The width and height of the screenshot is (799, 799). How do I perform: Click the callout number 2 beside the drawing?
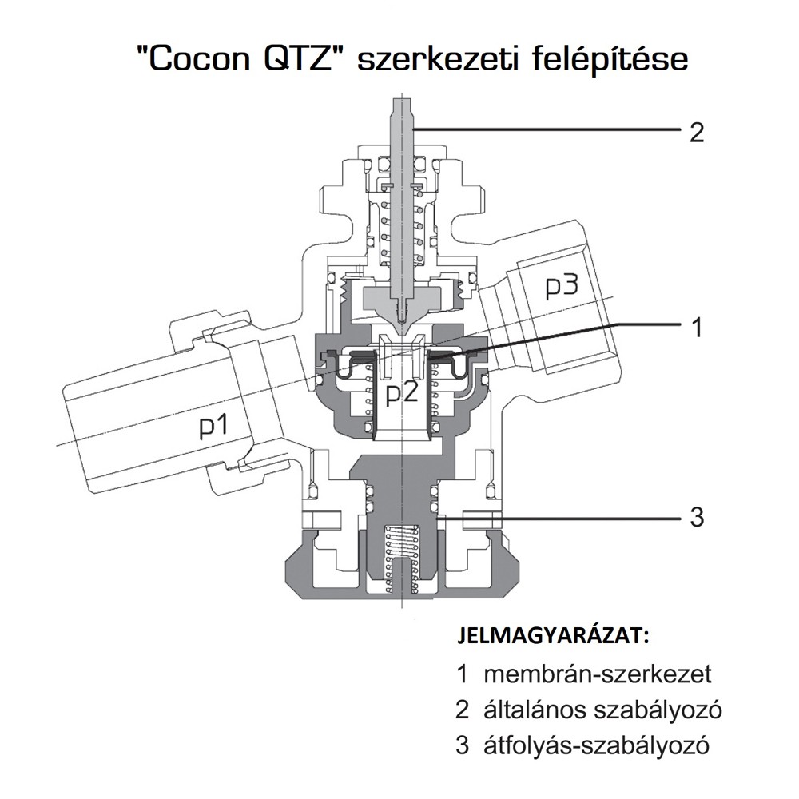696,133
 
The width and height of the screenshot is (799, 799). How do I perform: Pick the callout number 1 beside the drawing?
697,327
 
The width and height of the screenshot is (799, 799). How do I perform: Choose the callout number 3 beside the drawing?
696,517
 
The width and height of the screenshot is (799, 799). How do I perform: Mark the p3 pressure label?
562,288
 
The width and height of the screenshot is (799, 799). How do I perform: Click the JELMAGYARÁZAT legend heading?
554,637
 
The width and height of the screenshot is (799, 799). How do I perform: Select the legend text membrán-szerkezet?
597,674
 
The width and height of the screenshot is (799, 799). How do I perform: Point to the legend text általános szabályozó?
602,710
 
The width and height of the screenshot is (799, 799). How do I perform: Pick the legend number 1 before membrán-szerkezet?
463,674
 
